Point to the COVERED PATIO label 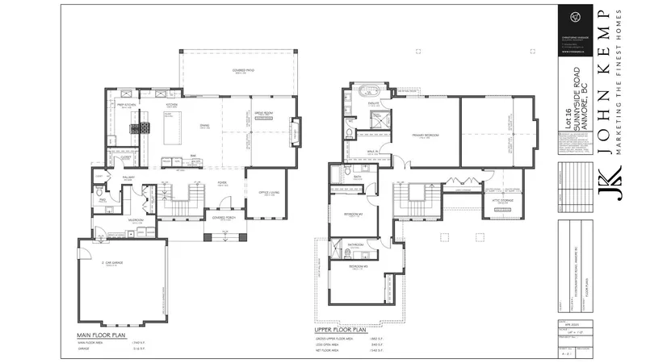pyautogui.click(x=238, y=72)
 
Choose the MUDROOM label pyautogui.click(x=134, y=219)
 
